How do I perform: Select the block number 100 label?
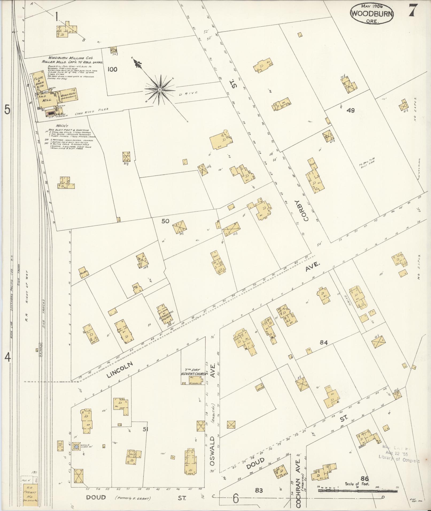click(112, 69)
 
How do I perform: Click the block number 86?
click(364, 478)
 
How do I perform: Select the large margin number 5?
click(7, 110)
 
